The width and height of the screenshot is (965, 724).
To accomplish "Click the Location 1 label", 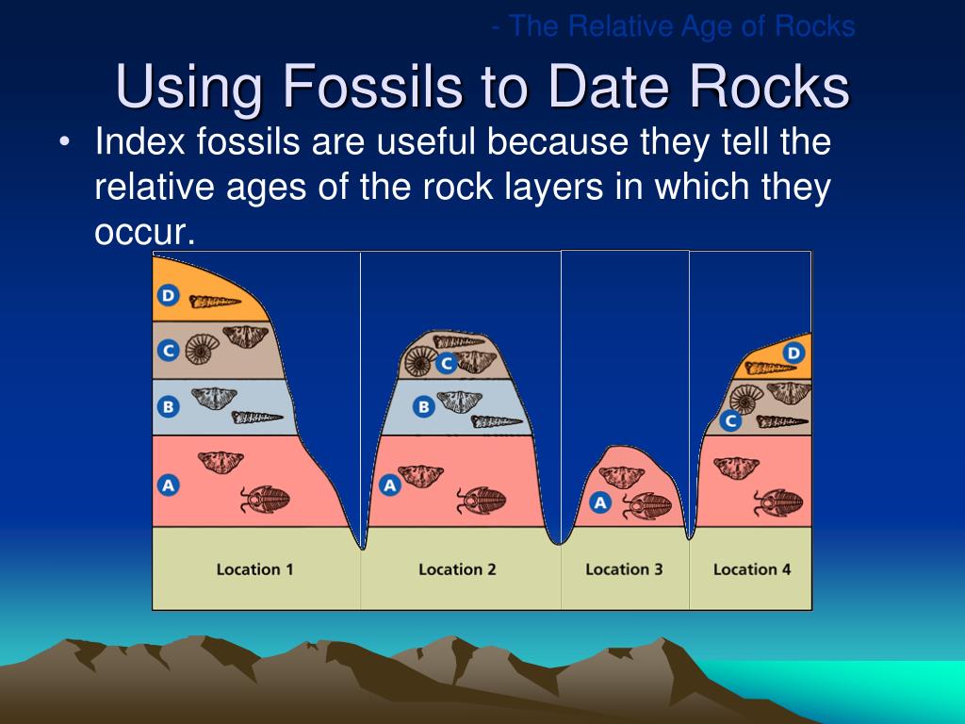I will click(x=254, y=569).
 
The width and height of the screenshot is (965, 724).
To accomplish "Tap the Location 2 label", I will click(x=457, y=569).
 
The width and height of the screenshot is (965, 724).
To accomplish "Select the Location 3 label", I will click(x=624, y=569).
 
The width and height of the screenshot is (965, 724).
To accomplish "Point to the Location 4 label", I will click(x=752, y=569).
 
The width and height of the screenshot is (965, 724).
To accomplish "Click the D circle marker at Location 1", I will click(x=168, y=296).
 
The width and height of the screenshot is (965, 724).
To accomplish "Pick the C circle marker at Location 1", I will click(x=168, y=351).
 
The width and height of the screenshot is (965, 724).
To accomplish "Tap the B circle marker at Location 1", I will click(x=168, y=407).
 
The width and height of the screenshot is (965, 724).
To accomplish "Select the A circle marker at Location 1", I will click(x=168, y=485).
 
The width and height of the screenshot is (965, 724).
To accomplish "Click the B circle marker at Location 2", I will click(x=424, y=407).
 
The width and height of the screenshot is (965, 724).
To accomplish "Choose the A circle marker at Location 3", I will click(x=600, y=502).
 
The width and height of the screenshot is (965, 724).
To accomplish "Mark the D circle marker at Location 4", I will click(x=794, y=354).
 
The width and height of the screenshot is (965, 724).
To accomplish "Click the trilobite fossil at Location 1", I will click(x=265, y=499).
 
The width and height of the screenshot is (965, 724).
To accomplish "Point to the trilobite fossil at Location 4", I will click(x=778, y=502).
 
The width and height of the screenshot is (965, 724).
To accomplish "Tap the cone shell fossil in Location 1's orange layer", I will click(x=216, y=302).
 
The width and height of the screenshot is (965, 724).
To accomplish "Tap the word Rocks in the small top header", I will click(x=814, y=26).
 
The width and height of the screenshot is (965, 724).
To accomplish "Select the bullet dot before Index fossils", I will click(x=64, y=144).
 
